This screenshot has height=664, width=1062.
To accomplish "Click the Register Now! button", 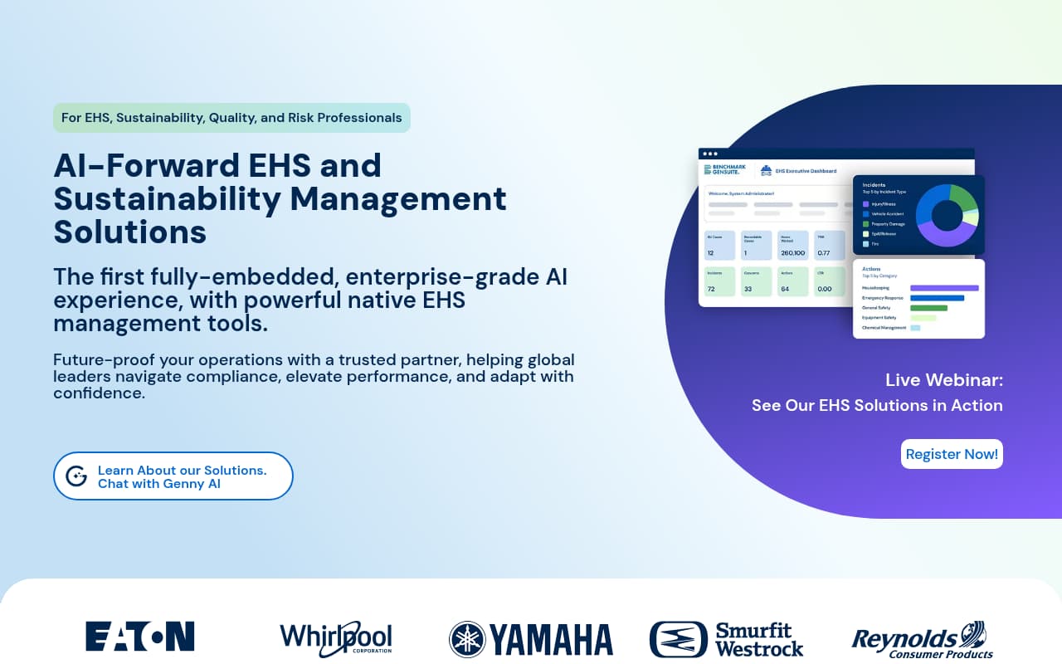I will [952, 454].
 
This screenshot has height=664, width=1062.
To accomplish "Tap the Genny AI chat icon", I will [76, 476].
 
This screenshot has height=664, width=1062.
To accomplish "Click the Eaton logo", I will [139, 636].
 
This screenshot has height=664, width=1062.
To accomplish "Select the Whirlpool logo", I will [335, 637].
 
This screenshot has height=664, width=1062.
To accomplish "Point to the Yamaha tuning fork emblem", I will [467, 639].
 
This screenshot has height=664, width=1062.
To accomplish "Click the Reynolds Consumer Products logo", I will [922, 639].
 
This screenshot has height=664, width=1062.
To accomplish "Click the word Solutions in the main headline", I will [130, 231].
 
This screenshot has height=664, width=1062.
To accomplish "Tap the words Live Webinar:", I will [944, 380].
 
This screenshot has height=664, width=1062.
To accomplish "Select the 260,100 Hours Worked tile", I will [792, 246].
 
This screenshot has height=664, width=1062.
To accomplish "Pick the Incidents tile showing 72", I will [719, 281].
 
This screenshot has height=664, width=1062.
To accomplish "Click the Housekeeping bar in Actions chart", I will [944, 288].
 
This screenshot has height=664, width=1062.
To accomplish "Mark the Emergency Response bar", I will [937, 298].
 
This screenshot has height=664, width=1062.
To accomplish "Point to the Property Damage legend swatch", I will [865, 224].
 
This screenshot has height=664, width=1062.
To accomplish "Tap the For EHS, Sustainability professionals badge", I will [231, 118].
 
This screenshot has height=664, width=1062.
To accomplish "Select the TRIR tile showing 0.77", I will [829, 246].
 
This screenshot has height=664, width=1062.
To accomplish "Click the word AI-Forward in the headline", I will [146, 165].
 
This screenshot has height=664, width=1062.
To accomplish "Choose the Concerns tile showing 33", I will [756, 281].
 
